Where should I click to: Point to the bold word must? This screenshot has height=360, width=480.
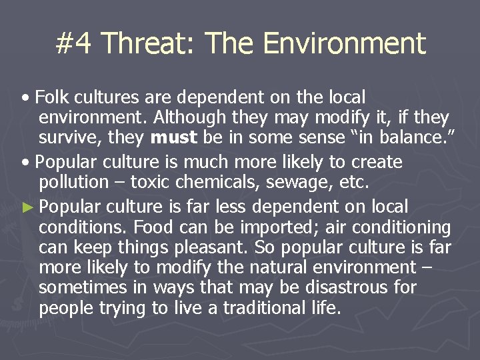click(173, 138)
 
